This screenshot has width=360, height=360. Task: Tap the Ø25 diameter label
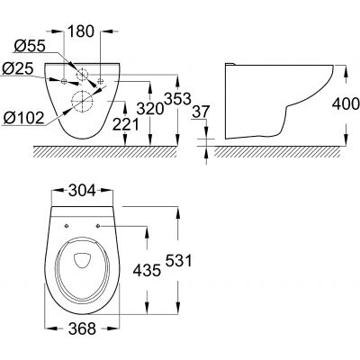click(18, 68)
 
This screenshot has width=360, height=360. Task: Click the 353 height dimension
click(171, 95)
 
